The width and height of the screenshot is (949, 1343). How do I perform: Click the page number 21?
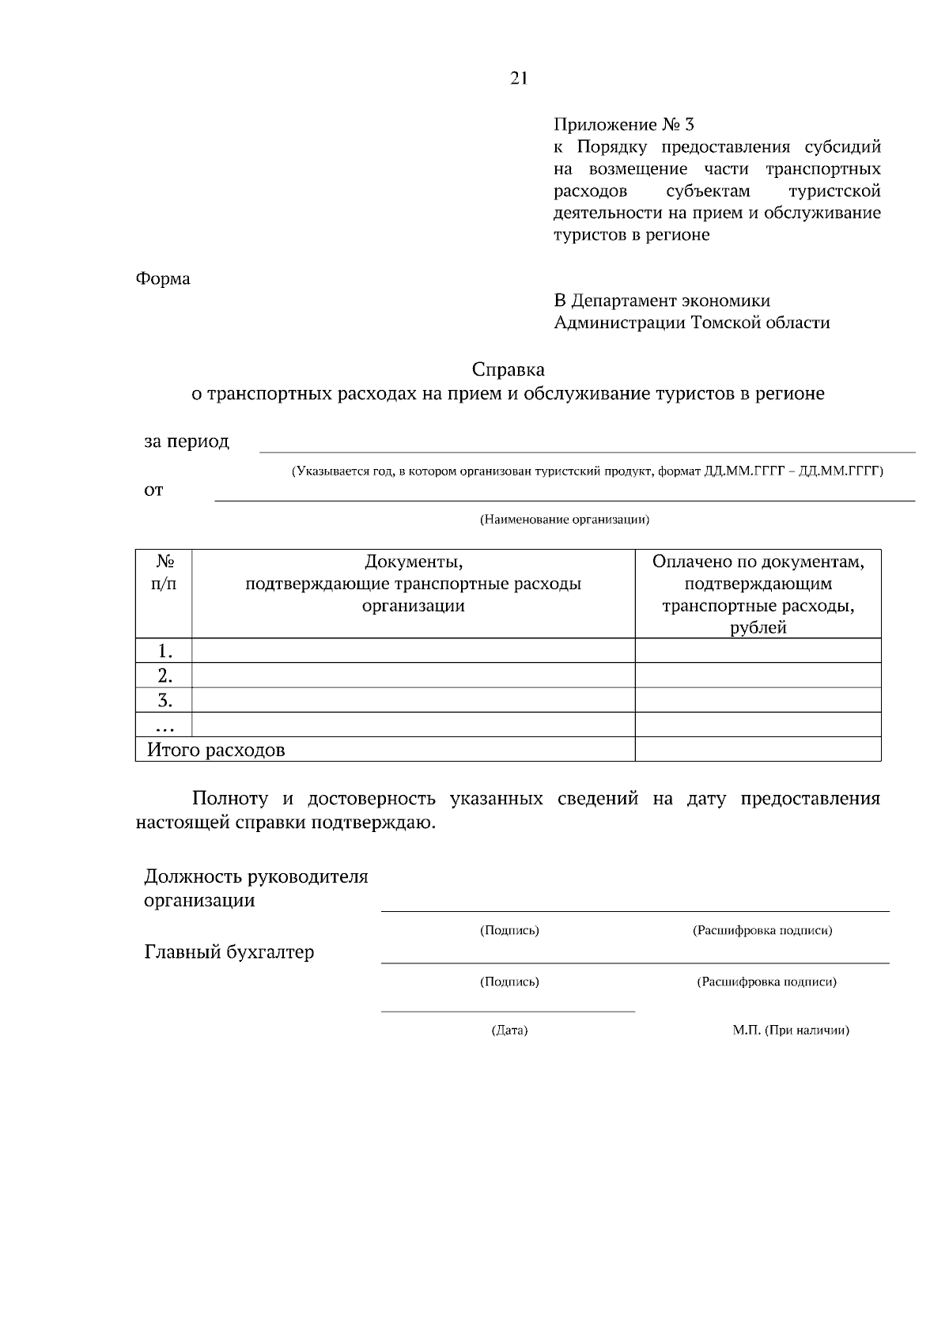point(518,78)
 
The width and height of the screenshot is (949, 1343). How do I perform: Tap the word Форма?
point(163,279)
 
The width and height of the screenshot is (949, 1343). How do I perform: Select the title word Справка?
point(508,369)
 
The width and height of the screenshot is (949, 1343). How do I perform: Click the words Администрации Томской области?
point(691,323)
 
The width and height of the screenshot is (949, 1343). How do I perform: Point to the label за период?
point(187,441)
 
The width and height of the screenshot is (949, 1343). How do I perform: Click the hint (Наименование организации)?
point(565,520)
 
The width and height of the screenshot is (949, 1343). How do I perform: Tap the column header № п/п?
point(164,573)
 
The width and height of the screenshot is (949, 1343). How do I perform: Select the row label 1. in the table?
point(164,651)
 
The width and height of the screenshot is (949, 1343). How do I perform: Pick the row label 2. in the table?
point(164,675)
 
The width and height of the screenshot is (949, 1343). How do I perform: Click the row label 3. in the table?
point(164,700)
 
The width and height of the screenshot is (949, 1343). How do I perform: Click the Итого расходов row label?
point(216,750)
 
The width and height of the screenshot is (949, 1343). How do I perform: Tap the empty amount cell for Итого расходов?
point(757,749)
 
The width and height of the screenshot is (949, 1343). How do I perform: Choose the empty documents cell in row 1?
point(413,651)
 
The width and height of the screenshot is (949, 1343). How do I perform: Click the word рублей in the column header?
point(758,628)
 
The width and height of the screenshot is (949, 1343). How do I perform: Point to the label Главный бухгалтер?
point(229,952)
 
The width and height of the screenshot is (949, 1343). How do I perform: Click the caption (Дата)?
point(509,1031)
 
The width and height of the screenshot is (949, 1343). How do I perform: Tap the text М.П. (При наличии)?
point(790,1031)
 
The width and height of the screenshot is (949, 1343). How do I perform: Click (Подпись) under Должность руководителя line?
point(509,931)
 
